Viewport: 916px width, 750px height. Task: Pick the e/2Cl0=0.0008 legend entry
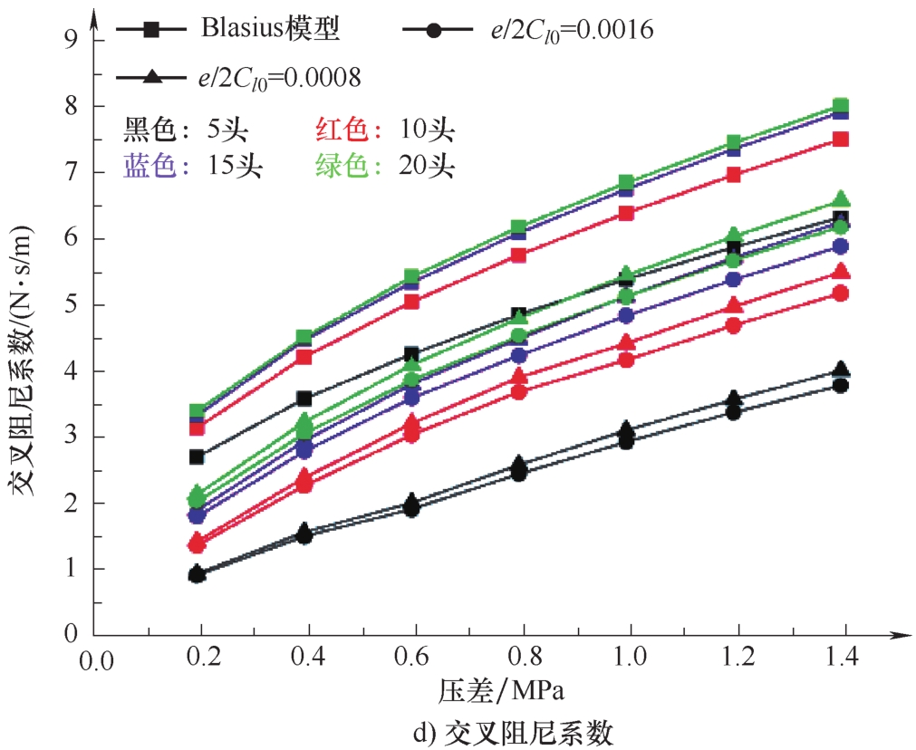point(239,77)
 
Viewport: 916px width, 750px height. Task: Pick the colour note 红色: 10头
point(384,130)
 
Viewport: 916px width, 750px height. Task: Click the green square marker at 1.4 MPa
point(840,106)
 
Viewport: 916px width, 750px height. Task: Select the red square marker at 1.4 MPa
point(840,139)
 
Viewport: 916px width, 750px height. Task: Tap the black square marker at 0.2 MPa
point(198,457)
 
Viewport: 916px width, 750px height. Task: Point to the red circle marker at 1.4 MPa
point(840,293)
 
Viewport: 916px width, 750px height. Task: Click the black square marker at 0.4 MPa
point(304,399)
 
